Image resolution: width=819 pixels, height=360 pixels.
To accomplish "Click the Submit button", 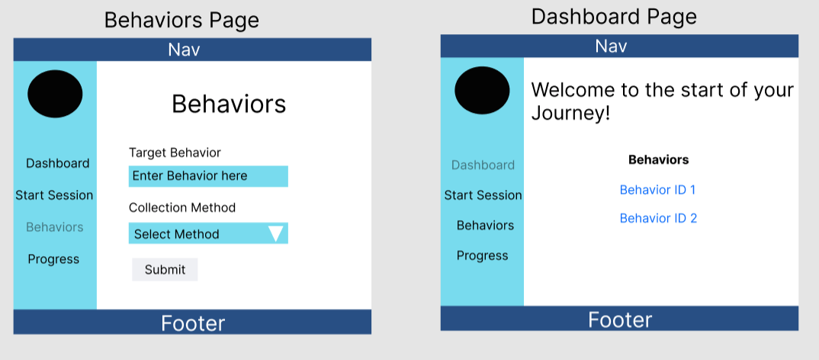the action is (x=165, y=269).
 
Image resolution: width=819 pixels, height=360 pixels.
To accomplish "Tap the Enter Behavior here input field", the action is (x=208, y=176).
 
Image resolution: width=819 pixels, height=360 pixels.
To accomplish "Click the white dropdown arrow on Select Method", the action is (x=276, y=233).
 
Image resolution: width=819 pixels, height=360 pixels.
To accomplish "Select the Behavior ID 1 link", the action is (x=657, y=190).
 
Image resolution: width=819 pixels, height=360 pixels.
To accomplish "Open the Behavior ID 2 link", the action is (x=658, y=218).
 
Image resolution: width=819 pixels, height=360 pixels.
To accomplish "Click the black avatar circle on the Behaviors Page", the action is (x=55, y=94).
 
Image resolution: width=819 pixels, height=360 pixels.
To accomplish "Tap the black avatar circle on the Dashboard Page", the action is (x=482, y=91).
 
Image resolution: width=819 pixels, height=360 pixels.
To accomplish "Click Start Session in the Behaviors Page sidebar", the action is (x=54, y=195).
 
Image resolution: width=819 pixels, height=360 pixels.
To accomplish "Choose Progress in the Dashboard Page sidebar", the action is (x=483, y=256).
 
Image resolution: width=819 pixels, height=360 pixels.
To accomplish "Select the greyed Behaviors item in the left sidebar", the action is (x=55, y=227).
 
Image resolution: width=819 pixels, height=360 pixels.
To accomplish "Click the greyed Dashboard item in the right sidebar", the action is (x=483, y=165).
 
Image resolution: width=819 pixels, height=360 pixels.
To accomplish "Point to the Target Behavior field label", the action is (x=175, y=153).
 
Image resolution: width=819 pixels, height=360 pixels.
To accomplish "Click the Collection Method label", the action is (x=182, y=207).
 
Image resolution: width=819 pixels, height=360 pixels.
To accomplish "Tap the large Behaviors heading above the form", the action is (x=229, y=104).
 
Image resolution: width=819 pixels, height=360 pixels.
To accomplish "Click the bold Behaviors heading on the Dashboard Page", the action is (x=659, y=159).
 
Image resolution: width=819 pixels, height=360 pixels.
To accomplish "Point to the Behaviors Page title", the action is (x=181, y=21).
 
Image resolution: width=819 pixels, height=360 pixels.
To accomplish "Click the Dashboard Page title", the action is (x=615, y=17).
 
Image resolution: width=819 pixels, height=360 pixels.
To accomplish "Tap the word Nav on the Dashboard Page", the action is (x=611, y=47).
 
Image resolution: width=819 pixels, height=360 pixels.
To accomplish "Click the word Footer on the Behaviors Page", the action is (x=193, y=323).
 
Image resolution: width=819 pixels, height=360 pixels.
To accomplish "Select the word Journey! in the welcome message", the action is (x=571, y=114).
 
